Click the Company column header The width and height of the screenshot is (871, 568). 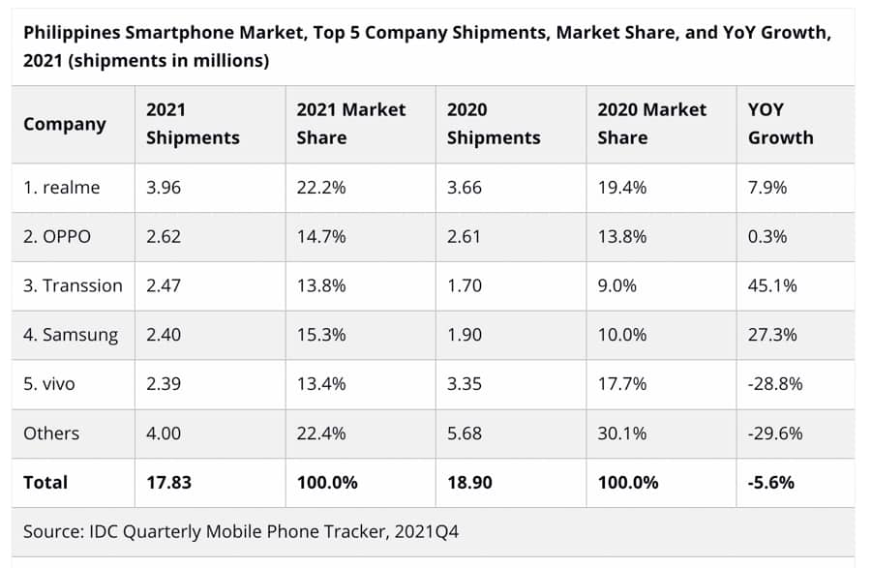tap(65, 124)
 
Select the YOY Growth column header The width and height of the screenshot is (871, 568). tap(780, 124)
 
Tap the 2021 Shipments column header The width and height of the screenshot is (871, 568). tap(193, 124)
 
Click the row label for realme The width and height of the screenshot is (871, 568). tap(62, 188)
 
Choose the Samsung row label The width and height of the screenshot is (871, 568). tap(71, 335)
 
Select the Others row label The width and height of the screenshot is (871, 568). tap(51, 433)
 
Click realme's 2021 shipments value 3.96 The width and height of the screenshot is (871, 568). tap(164, 188)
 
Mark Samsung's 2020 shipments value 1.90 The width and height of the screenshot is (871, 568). tap(465, 335)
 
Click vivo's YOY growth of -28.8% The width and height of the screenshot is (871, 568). tap(775, 384)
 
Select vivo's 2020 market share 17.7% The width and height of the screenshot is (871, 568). tap(622, 384)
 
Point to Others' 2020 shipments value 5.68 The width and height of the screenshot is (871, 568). tap(465, 433)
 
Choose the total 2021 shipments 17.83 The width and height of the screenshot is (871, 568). tap(167, 482)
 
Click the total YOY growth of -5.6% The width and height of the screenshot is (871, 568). tap(771, 482)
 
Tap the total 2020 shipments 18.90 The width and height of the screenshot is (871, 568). tap(469, 482)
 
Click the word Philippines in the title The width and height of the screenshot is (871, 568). tap(72, 33)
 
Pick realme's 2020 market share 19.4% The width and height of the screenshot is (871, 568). tap(622, 188)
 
